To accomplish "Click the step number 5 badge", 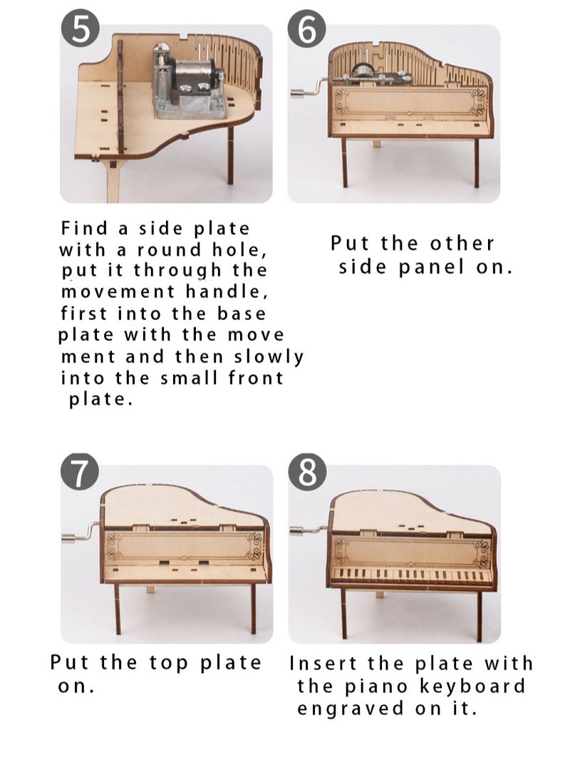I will [x=81, y=31].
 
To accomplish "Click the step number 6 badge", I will [x=307, y=31].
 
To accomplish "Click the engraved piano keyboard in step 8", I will [x=412, y=575].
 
